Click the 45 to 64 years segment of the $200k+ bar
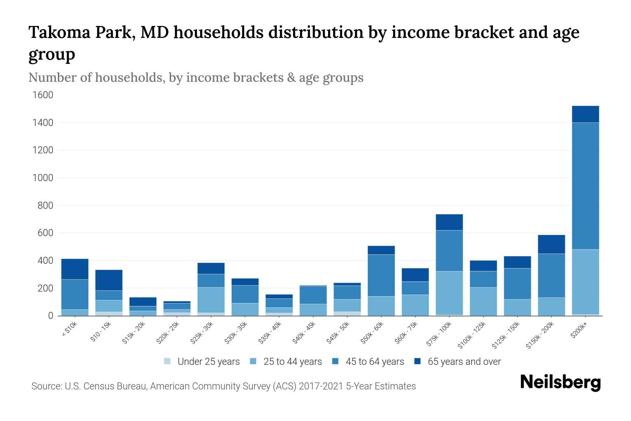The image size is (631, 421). [x=585, y=186]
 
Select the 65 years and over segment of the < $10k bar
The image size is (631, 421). [x=75, y=269]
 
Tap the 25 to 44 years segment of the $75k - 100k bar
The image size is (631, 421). [x=449, y=293]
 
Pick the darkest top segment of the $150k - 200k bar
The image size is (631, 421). [x=551, y=244]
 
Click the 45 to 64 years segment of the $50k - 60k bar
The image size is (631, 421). [x=381, y=275]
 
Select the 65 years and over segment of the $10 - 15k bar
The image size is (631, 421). [x=109, y=280]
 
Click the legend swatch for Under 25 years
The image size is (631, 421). [x=168, y=361]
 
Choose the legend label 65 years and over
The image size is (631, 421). [x=464, y=362]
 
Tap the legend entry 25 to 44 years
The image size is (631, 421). [x=292, y=362]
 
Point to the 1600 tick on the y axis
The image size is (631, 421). [x=43, y=95]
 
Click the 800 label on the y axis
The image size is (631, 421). [x=45, y=206]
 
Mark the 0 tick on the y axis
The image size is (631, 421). [x=50, y=316]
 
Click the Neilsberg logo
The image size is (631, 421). [x=560, y=382]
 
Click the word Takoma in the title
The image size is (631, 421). [x=60, y=32]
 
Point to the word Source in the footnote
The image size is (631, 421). [x=46, y=386]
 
